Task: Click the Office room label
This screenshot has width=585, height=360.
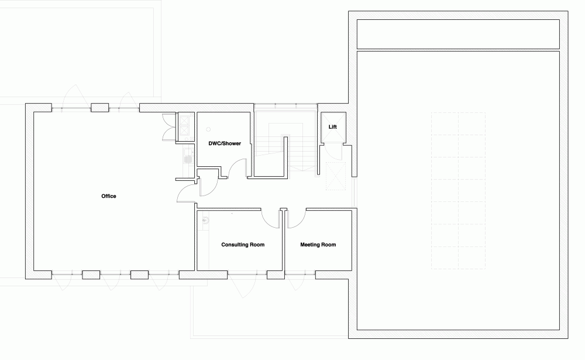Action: [109, 196]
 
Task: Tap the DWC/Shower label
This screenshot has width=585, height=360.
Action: [225, 143]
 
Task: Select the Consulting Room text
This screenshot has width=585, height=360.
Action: [243, 245]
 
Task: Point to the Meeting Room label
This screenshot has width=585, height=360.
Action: [318, 245]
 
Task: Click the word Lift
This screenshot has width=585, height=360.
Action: [332, 127]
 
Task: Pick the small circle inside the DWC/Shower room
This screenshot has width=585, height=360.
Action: [208, 129]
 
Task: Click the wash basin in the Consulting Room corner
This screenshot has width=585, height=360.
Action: [204, 221]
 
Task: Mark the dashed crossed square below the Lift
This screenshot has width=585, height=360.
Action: [336, 176]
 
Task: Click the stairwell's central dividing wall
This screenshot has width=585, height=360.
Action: [286, 157]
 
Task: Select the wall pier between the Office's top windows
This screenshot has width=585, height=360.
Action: [100, 108]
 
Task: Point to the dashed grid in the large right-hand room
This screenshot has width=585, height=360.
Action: [458, 190]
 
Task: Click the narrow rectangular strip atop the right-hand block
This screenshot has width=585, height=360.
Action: [458, 34]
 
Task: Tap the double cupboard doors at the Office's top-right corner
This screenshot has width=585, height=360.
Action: [168, 127]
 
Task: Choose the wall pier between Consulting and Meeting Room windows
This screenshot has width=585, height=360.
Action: [276, 275]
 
